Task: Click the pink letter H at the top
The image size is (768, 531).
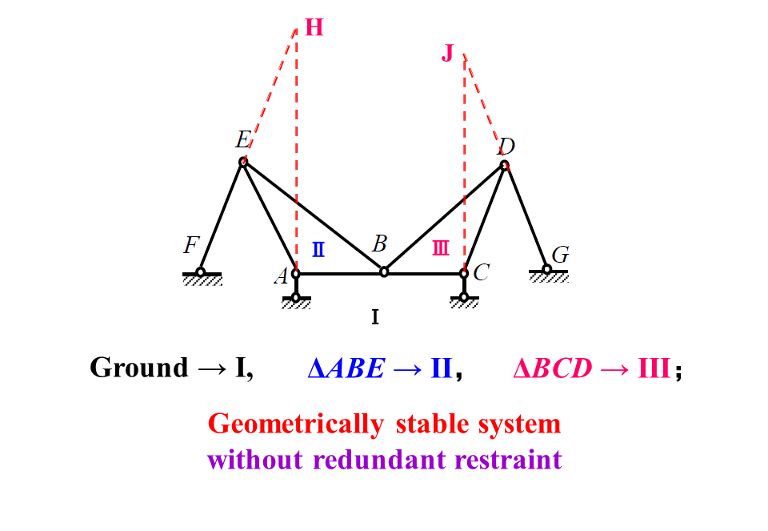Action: (314, 28)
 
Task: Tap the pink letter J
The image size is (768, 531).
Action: (448, 54)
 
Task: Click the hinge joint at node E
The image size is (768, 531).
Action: (243, 163)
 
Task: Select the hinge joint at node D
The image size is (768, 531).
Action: (504, 166)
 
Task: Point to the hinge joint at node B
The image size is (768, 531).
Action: (384, 272)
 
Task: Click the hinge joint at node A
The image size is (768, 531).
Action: (296, 274)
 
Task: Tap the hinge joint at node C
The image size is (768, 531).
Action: (464, 274)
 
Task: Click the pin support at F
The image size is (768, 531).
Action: (201, 272)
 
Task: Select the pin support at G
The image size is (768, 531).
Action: (547, 269)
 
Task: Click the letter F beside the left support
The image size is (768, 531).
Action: (190, 246)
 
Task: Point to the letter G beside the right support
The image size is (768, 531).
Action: (561, 255)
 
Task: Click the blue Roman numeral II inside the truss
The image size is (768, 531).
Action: (318, 249)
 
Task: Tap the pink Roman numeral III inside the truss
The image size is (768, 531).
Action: (441, 249)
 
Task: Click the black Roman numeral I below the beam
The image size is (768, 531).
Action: (374, 318)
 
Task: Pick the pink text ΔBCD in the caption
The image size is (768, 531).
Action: (553, 368)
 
